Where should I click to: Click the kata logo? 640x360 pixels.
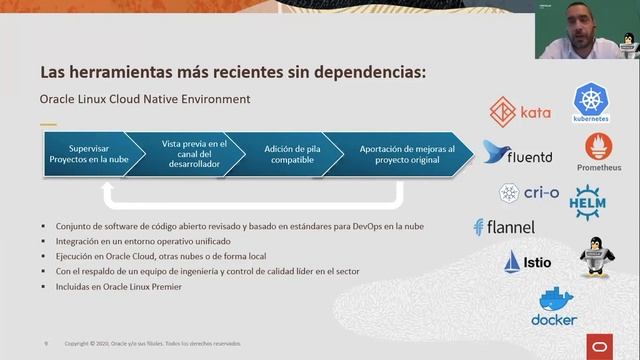[x=521, y=111]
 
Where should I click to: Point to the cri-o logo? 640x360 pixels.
[x=529, y=192]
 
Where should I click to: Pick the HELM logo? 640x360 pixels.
[x=588, y=201]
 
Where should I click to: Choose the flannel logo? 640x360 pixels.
[x=504, y=227]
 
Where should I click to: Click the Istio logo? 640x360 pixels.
[x=528, y=262]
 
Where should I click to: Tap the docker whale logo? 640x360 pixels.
[x=554, y=307]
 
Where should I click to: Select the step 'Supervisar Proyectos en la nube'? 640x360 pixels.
[x=85, y=154]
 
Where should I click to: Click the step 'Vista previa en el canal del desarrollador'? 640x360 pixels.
[x=194, y=154]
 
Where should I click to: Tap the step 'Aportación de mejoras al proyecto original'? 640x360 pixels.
[x=406, y=154]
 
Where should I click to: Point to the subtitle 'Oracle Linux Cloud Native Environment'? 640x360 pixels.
[x=145, y=100]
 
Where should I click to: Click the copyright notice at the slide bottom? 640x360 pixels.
[x=152, y=344]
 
